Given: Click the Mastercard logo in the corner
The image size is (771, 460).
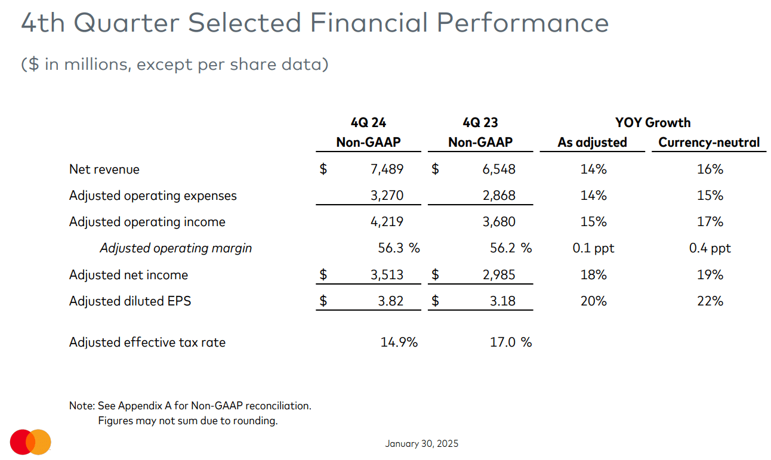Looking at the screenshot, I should [x=30, y=442].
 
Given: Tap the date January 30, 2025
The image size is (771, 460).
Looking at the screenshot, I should [x=421, y=443].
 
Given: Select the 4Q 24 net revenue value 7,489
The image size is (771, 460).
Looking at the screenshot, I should [x=387, y=169].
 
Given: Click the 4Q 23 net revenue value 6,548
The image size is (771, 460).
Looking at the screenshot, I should [x=498, y=169].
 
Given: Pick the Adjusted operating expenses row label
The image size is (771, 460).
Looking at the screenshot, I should [x=153, y=196].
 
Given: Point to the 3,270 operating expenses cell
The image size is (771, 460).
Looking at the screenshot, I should [x=387, y=196].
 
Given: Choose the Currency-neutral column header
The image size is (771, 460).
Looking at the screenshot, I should [x=709, y=143].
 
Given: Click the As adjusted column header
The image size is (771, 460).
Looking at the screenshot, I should [x=592, y=143].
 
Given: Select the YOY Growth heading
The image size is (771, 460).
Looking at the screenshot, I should [x=653, y=123].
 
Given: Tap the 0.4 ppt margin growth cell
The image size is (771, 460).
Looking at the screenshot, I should [x=710, y=248].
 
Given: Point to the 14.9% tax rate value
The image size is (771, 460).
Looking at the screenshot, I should [x=399, y=342].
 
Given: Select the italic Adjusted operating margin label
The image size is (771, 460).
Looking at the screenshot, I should [x=175, y=248].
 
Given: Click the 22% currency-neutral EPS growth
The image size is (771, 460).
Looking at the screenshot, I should [x=710, y=301].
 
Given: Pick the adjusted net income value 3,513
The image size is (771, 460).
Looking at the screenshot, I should [x=387, y=275].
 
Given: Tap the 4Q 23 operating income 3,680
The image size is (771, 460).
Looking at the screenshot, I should [x=498, y=222].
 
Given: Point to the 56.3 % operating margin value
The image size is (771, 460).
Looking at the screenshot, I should [x=399, y=248].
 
